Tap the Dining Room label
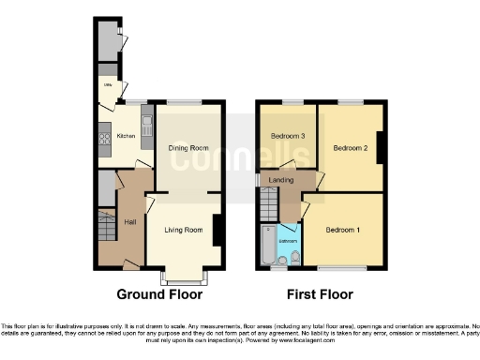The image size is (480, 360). [x=188, y=147]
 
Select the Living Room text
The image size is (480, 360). [x=184, y=230]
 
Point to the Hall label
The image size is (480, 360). [x=131, y=221]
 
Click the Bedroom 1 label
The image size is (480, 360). [x=344, y=229]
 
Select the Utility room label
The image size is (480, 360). [x=108, y=85]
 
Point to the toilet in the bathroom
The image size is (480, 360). [x=294, y=256]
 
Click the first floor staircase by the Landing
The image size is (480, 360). [x=270, y=202]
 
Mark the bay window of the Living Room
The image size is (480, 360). [x=184, y=276]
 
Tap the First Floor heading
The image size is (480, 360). [x=319, y=294]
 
